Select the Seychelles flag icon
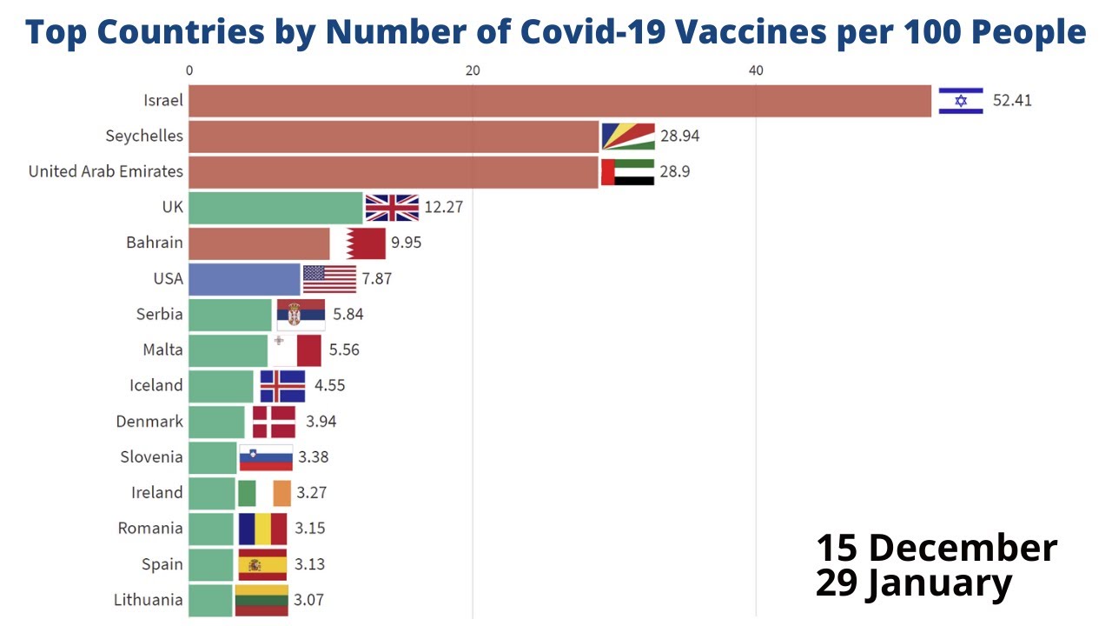[627, 137]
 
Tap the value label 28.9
[675, 172]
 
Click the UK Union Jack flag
[392, 208]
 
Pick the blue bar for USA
[244, 279]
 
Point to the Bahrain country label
[155, 243]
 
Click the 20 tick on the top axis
[473, 70]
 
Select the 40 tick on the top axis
[756, 70]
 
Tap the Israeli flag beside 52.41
[960, 101]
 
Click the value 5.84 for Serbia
[347, 315]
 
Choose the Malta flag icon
[295, 350]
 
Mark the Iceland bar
[221, 386]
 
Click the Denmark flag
[274, 422]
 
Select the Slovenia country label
[152, 457]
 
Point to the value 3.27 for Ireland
[311, 493]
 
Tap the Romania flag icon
[262, 529]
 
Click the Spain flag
[262, 564]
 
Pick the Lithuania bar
[210, 600]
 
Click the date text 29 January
[913, 583]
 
